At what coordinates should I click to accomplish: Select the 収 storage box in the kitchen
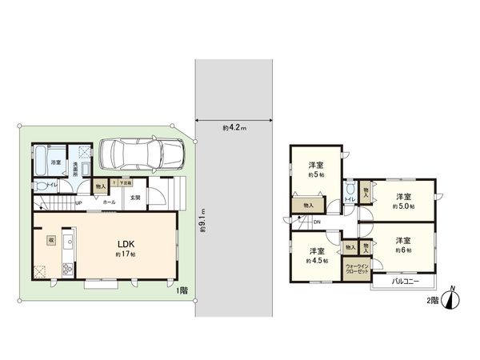[x=50, y=238]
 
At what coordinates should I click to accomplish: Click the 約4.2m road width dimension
[x=234, y=127]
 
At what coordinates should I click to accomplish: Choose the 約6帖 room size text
[x=402, y=250]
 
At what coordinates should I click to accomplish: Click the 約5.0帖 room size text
[x=402, y=206]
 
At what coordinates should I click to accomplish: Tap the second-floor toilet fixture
[x=350, y=192]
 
